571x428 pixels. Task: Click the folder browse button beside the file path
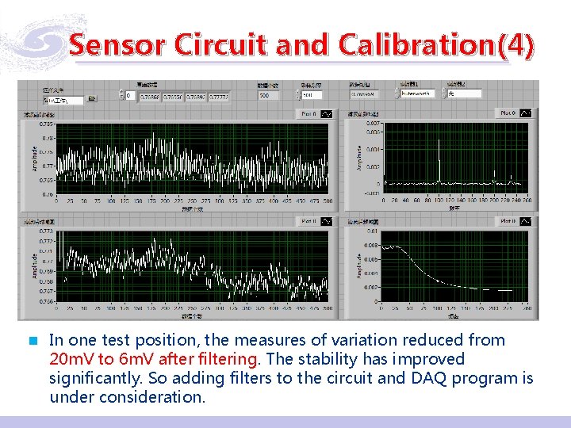pos(92,99)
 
